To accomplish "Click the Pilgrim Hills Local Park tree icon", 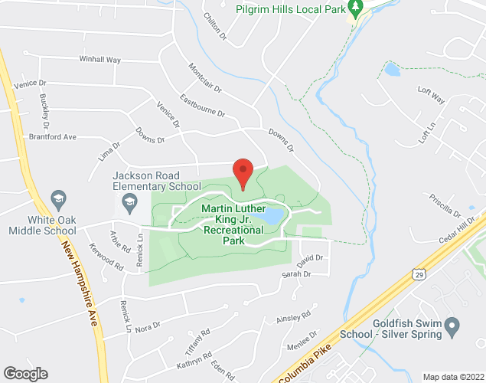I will click(354, 7).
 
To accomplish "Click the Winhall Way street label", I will click(100, 59).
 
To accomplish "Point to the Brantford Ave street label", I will click(53, 136).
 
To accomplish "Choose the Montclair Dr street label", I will click(206, 78).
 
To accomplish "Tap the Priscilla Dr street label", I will click(445, 205).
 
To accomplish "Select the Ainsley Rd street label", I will click(295, 316).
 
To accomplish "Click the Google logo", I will click(24, 373).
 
